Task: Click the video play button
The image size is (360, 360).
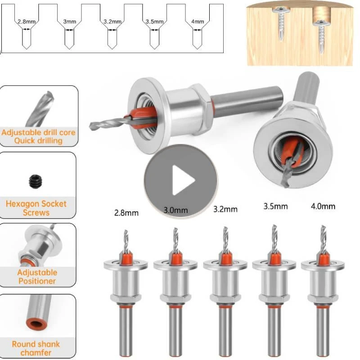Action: coord(180,180)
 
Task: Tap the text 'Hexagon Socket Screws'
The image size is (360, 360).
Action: coord(36,208)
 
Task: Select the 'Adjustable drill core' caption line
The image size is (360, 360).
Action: coord(38,133)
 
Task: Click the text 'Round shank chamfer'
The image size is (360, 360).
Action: coord(36,348)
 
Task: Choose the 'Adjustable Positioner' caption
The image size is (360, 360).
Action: coord(37,276)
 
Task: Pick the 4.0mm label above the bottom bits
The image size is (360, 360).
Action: coord(323,207)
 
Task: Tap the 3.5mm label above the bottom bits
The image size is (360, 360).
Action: coord(275,207)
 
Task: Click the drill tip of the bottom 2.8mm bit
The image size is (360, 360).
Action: coord(126,236)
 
